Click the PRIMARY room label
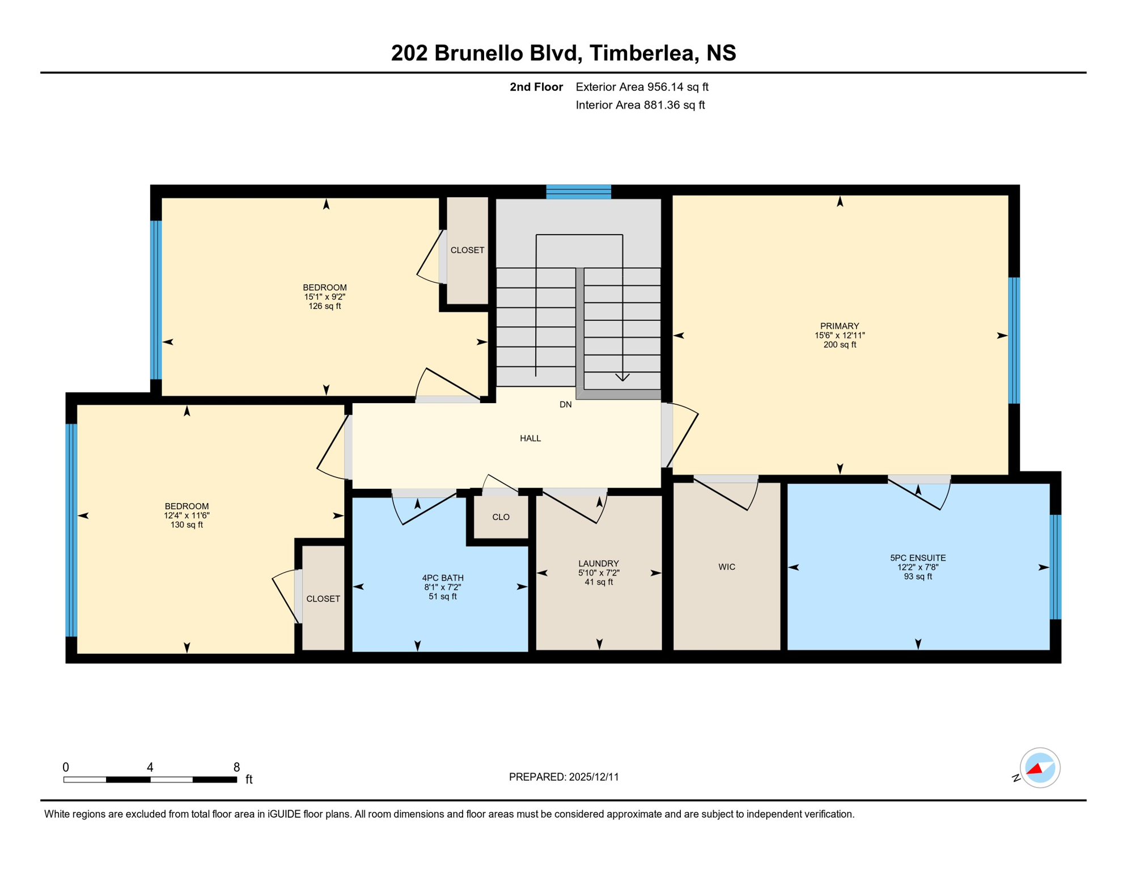point(839,326)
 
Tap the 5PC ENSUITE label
point(917,558)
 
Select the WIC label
point(726,567)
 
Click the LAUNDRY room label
point(598,564)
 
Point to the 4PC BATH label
point(442,578)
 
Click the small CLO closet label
point(501,517)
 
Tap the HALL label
point(530,438)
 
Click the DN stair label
point(565,404)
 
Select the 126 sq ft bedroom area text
point(324,306)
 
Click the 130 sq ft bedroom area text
point(187,525)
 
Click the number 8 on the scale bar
point(236,767)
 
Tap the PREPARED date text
point(563,777)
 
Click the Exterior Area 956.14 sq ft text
point(642,87)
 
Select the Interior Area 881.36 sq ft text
point(640,105)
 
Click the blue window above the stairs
point(578,192)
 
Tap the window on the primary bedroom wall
point(1014,340)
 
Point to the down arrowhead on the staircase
point(622,377)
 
